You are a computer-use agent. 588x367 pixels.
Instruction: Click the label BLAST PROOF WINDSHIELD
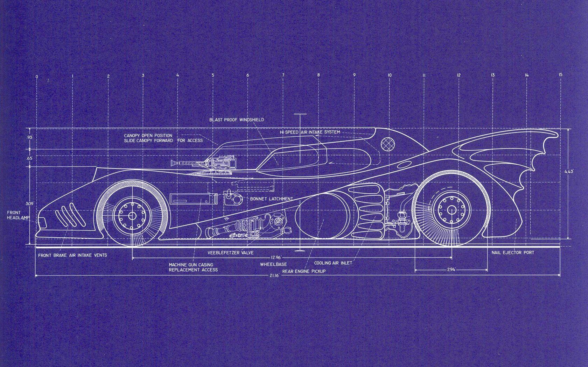point(237,120)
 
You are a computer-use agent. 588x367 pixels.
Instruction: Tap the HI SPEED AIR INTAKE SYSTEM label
point(310,132)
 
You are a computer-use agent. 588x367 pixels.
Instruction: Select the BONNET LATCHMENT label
point(271,199)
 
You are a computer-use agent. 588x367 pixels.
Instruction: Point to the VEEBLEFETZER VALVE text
point(230,252)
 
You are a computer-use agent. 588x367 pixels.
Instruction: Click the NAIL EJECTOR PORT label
point(513,252)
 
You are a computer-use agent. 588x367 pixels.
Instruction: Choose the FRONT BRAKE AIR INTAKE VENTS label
point(72,255)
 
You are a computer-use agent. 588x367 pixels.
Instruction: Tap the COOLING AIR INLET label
point(333,263)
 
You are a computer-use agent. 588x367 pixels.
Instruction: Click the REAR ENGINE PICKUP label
point(304,271)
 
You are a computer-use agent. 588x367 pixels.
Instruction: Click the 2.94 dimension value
point(451,270)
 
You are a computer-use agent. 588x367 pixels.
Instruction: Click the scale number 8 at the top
point(318,75)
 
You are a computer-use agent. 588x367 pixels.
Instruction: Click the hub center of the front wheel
point(132,216)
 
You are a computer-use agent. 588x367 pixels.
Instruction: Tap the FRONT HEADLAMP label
point(14,215)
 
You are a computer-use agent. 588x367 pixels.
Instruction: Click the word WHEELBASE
point(273,265)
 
